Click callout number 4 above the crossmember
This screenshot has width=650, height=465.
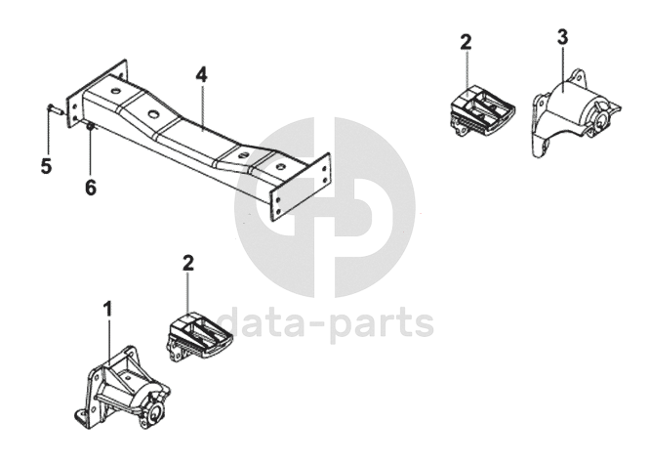[201, 75]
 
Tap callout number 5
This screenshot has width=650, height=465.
[46, 166]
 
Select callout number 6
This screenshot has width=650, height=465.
[91, 188]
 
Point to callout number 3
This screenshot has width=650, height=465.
[562, 37]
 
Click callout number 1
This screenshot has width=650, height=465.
[107, 309]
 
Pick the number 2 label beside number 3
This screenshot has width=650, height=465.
[466, 42]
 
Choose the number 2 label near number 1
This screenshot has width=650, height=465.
[188, 263]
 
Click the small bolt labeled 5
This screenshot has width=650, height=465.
[54, 110]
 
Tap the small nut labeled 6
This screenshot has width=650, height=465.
[90, 126]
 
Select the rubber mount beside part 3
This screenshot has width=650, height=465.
[481, 111]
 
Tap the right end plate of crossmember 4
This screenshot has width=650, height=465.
[301, 188]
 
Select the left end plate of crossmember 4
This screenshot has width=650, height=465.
[97, 94]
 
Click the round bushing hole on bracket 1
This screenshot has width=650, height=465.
[155, 412]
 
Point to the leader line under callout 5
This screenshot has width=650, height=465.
[48, 132]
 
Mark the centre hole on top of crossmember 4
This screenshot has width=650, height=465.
[153, 114]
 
